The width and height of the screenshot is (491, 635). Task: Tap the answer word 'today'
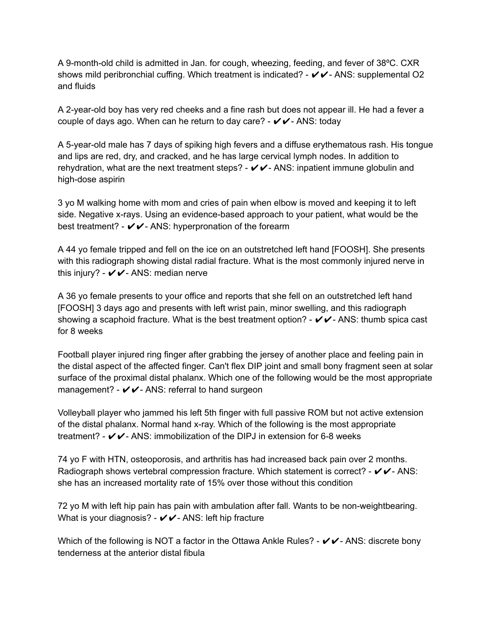tap(330, 121)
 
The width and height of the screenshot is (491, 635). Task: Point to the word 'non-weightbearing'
tap(381, 506)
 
